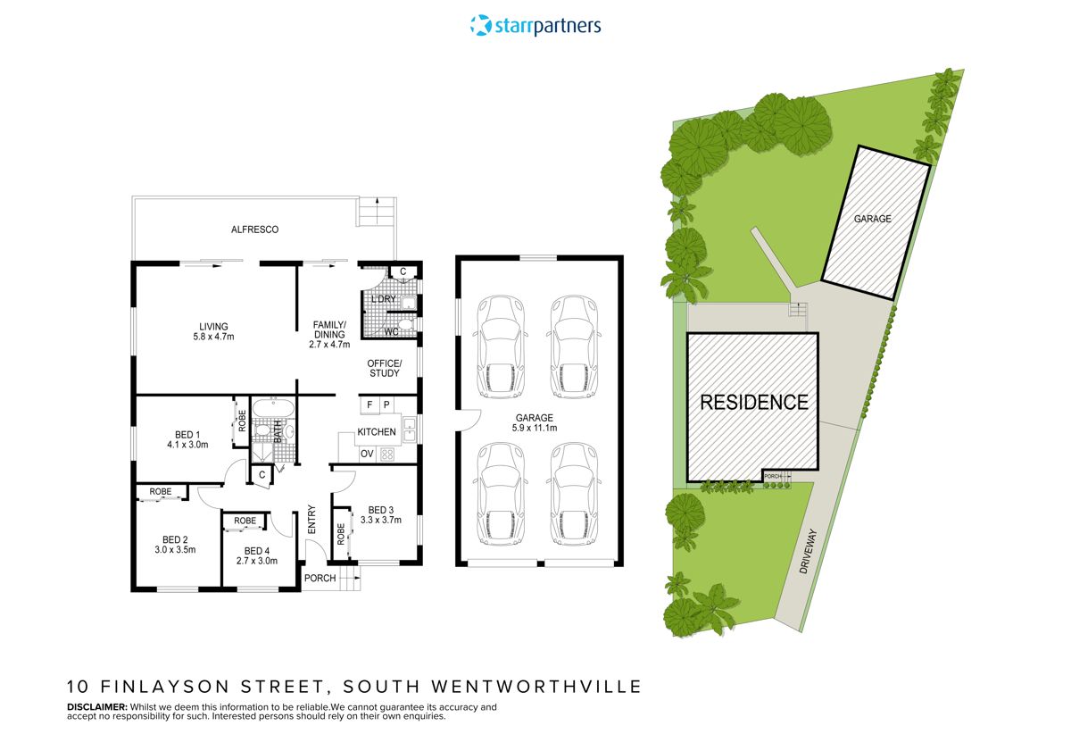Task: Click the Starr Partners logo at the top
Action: pyautogui.click(x=535, y=25)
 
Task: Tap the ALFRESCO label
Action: pyautogui.click(x=255, y=229)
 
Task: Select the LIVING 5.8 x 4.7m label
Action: pyautogui.click(x=213, y=331)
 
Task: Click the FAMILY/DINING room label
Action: pyautogui.click(x=329, y=330)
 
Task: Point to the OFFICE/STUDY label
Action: pyautogui.click(x=385, y=368)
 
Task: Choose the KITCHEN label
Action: pyautogui.click(x=377, y=432)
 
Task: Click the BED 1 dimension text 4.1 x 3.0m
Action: pyautogui.click(x=187, y=444)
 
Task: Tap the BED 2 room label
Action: pyautogui.click(x=175, y=544)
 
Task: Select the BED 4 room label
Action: pyautogui.click(x=256, y=555)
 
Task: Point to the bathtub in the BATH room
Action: pyautogui.click(x=267, y=410)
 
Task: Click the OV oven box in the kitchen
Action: pyautogui.click(x=367, y=454)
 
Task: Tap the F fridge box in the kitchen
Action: pyautogui.click(x=368, y=405)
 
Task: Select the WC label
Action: pyautogui.click(x=391, y=332)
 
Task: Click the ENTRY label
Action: pyautogui.click(x=312, y=521)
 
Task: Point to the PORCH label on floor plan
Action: pyautogui.click(x=320, y=578)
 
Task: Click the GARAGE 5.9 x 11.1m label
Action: pyautogui.click(x=535, y=423)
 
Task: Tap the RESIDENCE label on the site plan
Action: pyautogui.click(x=753, y=402)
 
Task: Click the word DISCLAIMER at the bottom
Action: pyautogui.click(x=96, y=706)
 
